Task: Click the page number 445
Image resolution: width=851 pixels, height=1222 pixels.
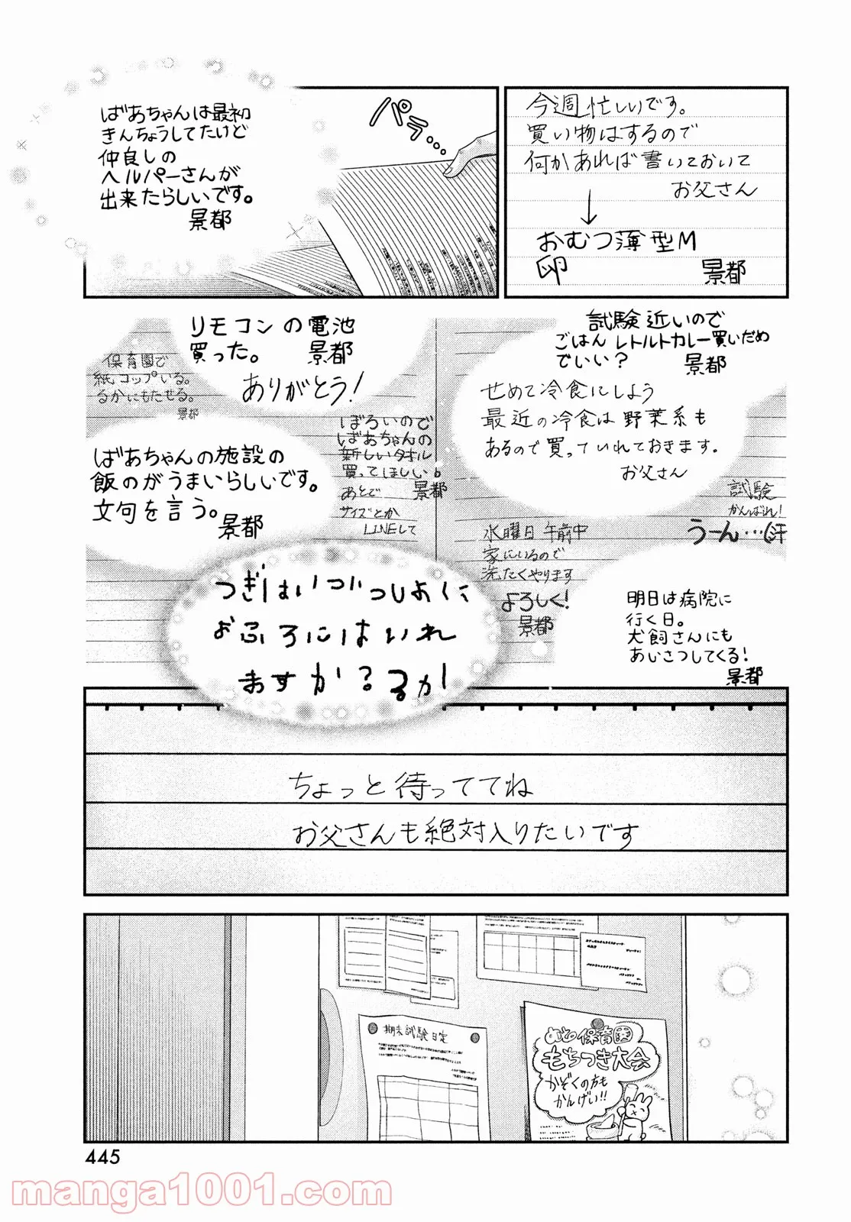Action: point(102,1156)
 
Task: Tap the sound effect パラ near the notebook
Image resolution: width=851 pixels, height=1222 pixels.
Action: point(405,126)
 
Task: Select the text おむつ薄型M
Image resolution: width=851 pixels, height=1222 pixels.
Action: point(616,242)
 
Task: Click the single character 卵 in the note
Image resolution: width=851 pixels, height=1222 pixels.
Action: point(552,270)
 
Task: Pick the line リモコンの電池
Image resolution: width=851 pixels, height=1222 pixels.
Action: point(271,327)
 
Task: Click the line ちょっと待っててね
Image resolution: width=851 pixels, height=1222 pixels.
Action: point(410,786)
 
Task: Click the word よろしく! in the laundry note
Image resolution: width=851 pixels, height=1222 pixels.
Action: point(534,602)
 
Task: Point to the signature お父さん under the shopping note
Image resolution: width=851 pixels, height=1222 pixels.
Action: point(713,189)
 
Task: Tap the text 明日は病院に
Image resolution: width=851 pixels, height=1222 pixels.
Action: point(678,600)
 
